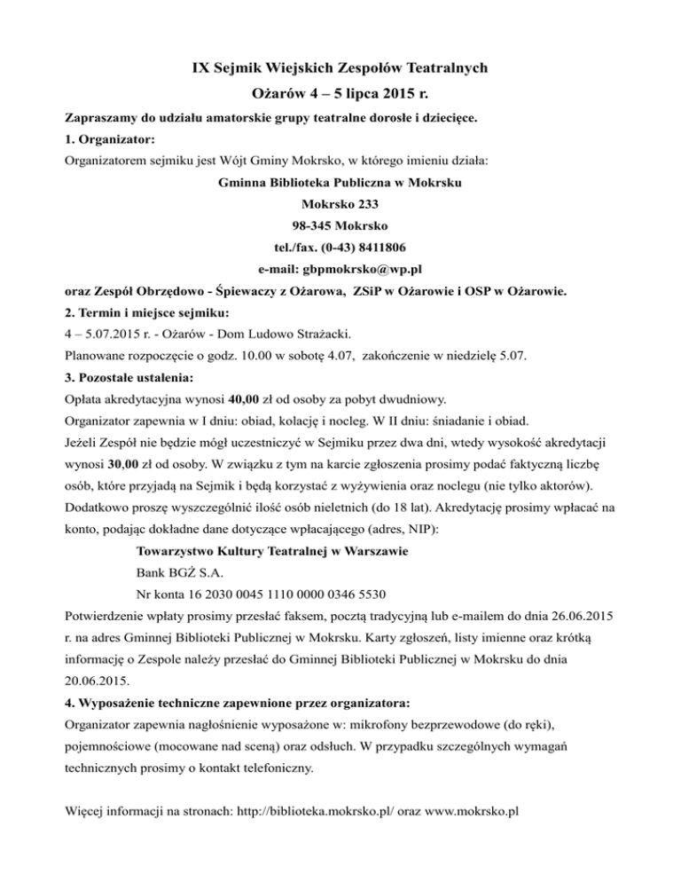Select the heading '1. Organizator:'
coord(110,139)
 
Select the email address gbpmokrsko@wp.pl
coord(365,268)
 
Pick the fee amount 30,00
coord(120,468)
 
